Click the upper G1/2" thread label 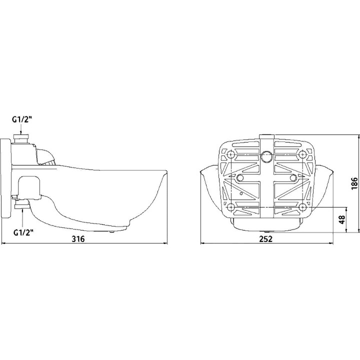(x=21, y=119)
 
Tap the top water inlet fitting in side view (x=22, y=138)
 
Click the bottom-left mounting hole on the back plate (x=230, y=206)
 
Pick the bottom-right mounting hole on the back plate (x=302, y=206)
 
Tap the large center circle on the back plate (x=266, y=157)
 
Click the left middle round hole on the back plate (x=240, y=178)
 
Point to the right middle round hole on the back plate (x=293, y=178)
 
